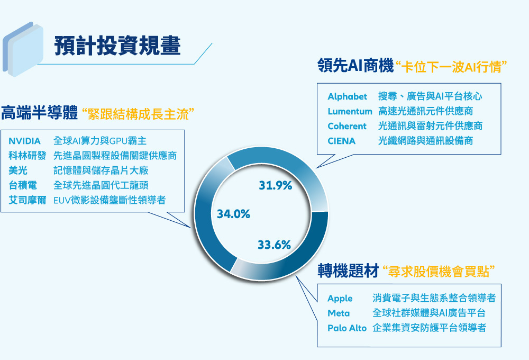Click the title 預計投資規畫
[x=117, y=46]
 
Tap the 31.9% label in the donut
[x=276, y=185]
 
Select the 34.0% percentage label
[x=233, y=214]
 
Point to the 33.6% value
[x=274, y=245]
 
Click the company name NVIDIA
[x=25, y=141]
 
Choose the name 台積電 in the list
[x=22, y=185]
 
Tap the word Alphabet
[x=347, y=96]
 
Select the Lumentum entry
[x=349, y=111]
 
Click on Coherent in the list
[x=347, y=126]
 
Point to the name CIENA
[x=341, y=141]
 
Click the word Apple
[x=340, y=299]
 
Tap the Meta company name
[x=339, y=313]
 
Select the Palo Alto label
[x=347, y=328]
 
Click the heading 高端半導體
[x=39, y=113]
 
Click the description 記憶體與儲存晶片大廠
[x=101, y=170]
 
